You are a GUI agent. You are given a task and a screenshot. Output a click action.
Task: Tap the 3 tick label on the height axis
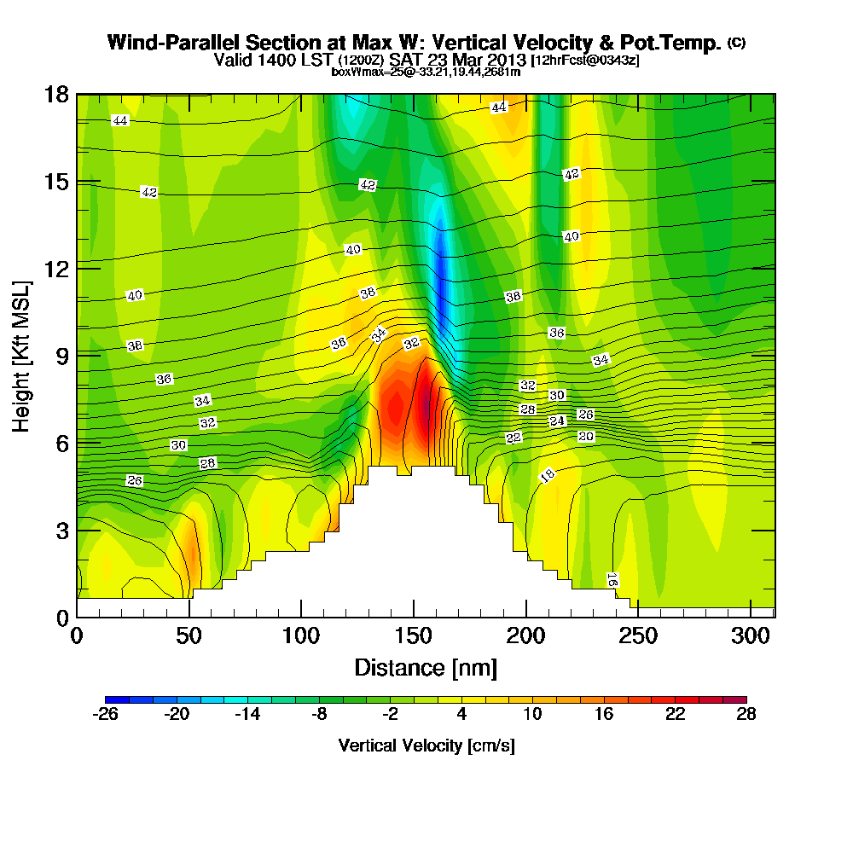point(61,530)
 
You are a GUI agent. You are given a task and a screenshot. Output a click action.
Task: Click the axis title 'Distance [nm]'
point(426,667)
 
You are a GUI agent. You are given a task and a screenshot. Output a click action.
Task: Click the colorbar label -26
point(105,715)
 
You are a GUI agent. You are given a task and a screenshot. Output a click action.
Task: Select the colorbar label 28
point(746,715)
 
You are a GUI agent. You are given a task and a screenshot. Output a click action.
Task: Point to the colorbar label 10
point(532,715)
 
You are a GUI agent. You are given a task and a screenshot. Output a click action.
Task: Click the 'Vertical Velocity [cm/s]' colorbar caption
point(426,746)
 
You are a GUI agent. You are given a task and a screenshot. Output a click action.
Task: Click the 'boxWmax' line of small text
point(425,72)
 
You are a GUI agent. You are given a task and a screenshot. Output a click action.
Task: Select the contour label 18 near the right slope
point(548,475)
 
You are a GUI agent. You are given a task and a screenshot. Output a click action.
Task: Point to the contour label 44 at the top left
point(120,121)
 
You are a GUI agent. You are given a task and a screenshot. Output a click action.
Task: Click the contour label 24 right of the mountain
point(557,421)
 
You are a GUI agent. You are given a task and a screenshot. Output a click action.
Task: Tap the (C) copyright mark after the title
point(736,42)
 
